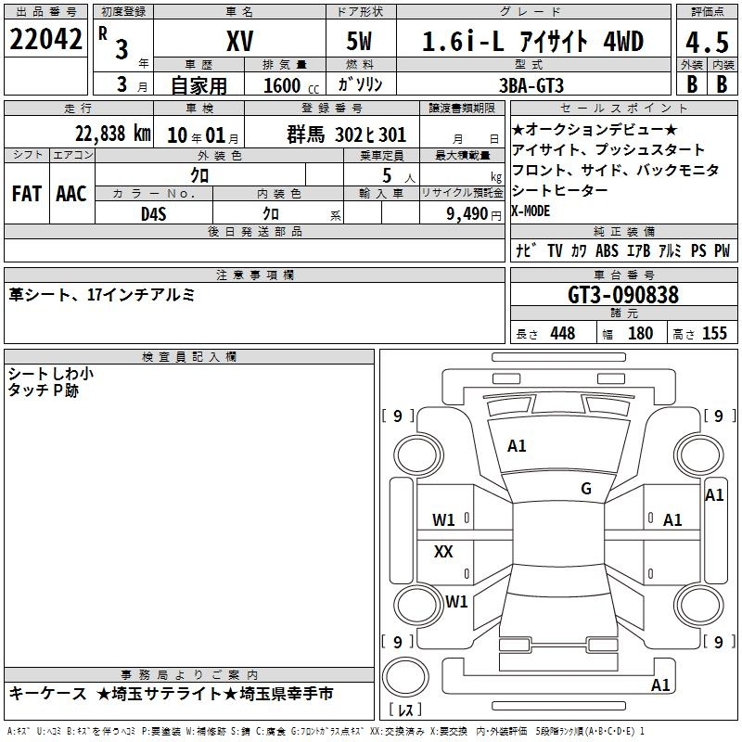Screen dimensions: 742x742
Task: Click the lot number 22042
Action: pos(45,39)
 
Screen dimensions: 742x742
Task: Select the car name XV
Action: pos(240,41)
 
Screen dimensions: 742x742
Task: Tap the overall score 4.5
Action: pos(707,42)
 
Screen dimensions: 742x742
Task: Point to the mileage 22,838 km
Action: pos(113,134)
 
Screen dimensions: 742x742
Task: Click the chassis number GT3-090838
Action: pos(623,295)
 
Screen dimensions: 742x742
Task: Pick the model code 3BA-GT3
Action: pos(531,85)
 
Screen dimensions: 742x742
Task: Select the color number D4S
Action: pos(154,214)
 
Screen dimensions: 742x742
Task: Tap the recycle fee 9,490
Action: pos(467,214)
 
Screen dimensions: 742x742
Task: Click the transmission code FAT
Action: pos(27,194)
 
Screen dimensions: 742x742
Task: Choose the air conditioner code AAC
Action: pos(71,194)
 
